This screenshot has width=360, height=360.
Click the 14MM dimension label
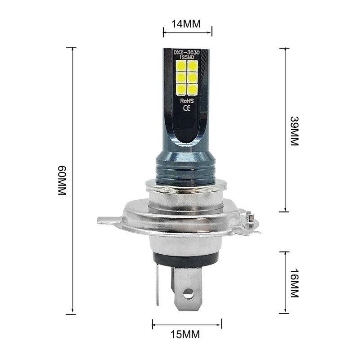pyautogui.click(x=187, y=24)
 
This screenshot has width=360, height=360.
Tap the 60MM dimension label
pyautogui.click(x=62, y=180)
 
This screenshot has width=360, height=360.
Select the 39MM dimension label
pyautogui.click(x=293, y=131)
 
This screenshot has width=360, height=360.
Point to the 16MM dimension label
pyautogui.click(x=293, y=283)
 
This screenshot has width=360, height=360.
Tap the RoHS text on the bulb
pyautogui.click(x=187, y=101)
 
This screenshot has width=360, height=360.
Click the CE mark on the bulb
pyautogui.click(x=187, y=108)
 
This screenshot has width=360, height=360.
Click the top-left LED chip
pyautogui.click(x=181, y=66)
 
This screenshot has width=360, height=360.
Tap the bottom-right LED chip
pyautogui.click(x=193, y=89)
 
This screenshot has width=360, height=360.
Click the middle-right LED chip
pyautogui.click(x=193, y=77)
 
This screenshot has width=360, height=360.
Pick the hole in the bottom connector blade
pyautogui.click(x=188, y=294)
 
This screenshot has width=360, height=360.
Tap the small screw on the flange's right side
pyautogui.click(x=250, y=220)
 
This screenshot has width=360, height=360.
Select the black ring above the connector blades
pyautogui.click(x=185, y=260)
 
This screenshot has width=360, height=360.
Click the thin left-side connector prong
pyautogui.click(x=157, y=283)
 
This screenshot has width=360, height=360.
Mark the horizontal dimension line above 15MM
pyautogui.click(x=187, y=324)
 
